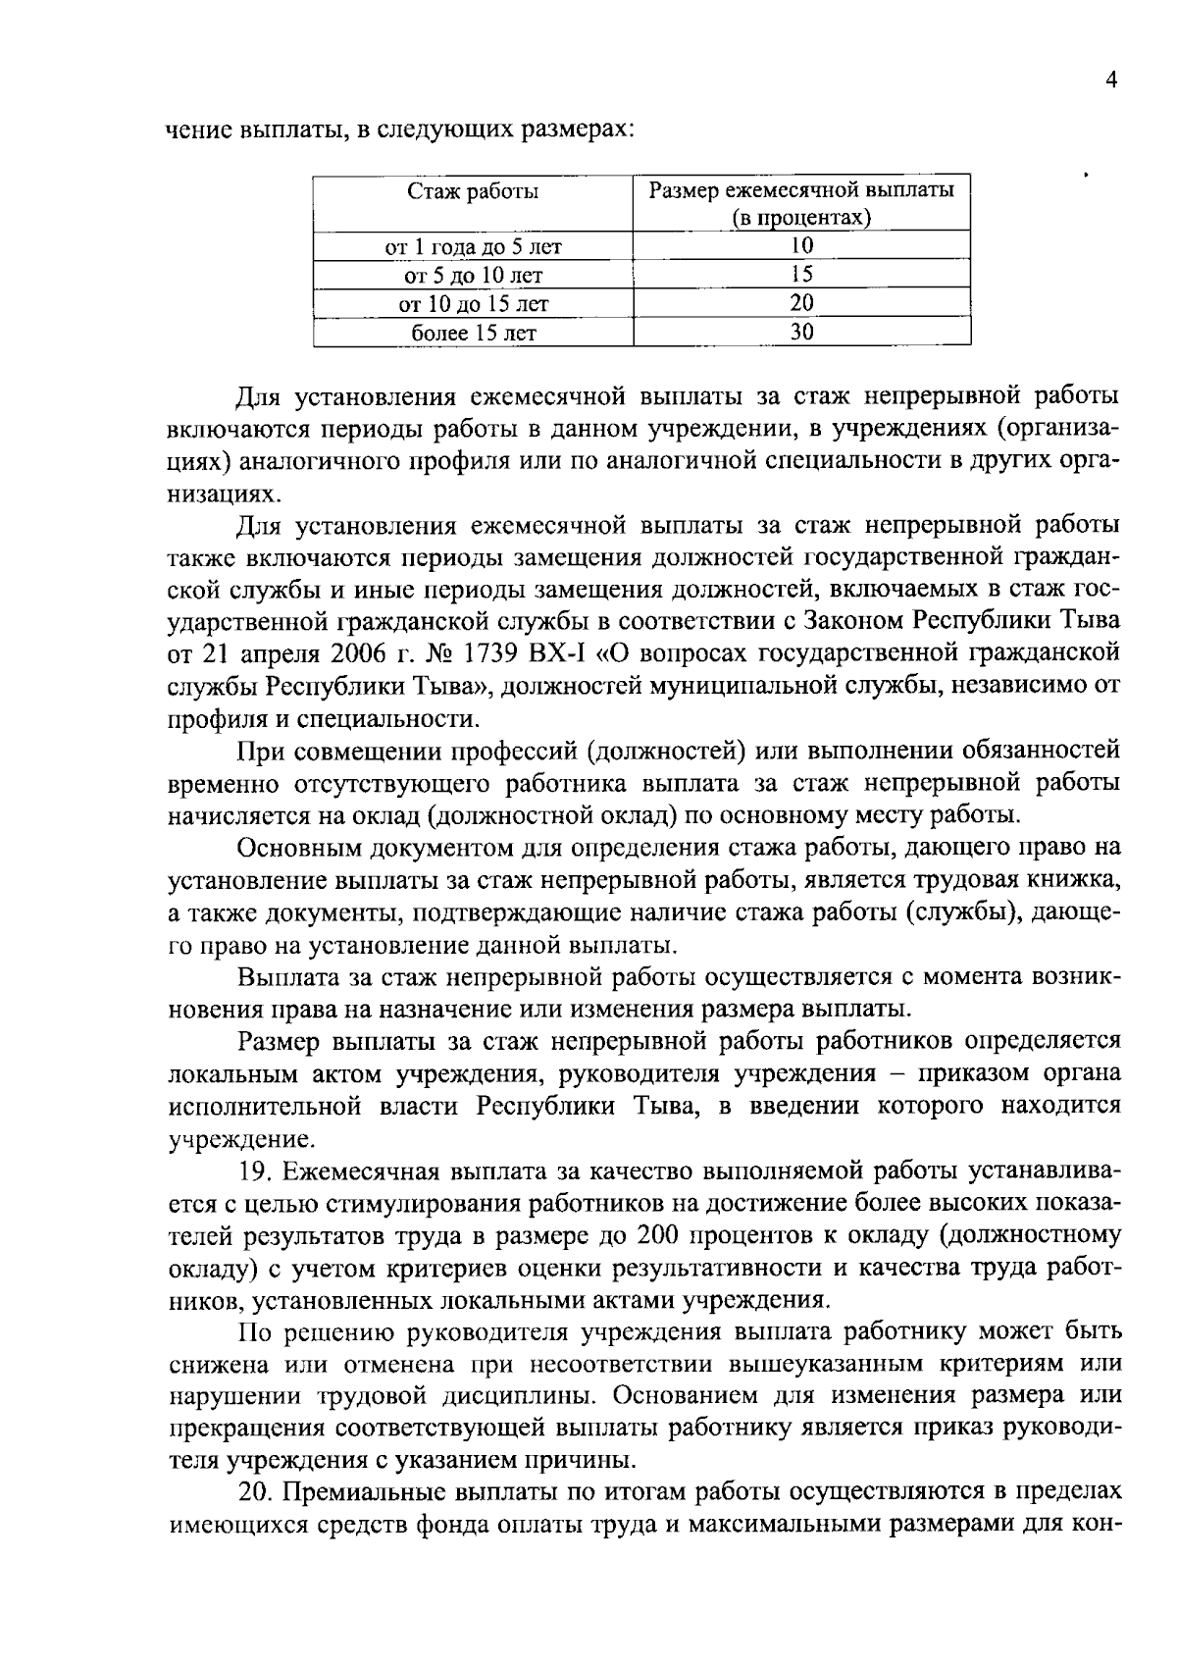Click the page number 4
[1111, 81]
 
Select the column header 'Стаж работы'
[473, 191]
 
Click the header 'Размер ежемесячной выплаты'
[801, 190]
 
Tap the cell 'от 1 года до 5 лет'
[473, 246]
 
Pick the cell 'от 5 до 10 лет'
[473, 275]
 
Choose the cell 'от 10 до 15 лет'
[473, 303]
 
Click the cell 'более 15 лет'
[473, 333]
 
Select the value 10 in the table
[801, 246]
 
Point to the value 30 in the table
[801, 333]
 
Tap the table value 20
[801, 303]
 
